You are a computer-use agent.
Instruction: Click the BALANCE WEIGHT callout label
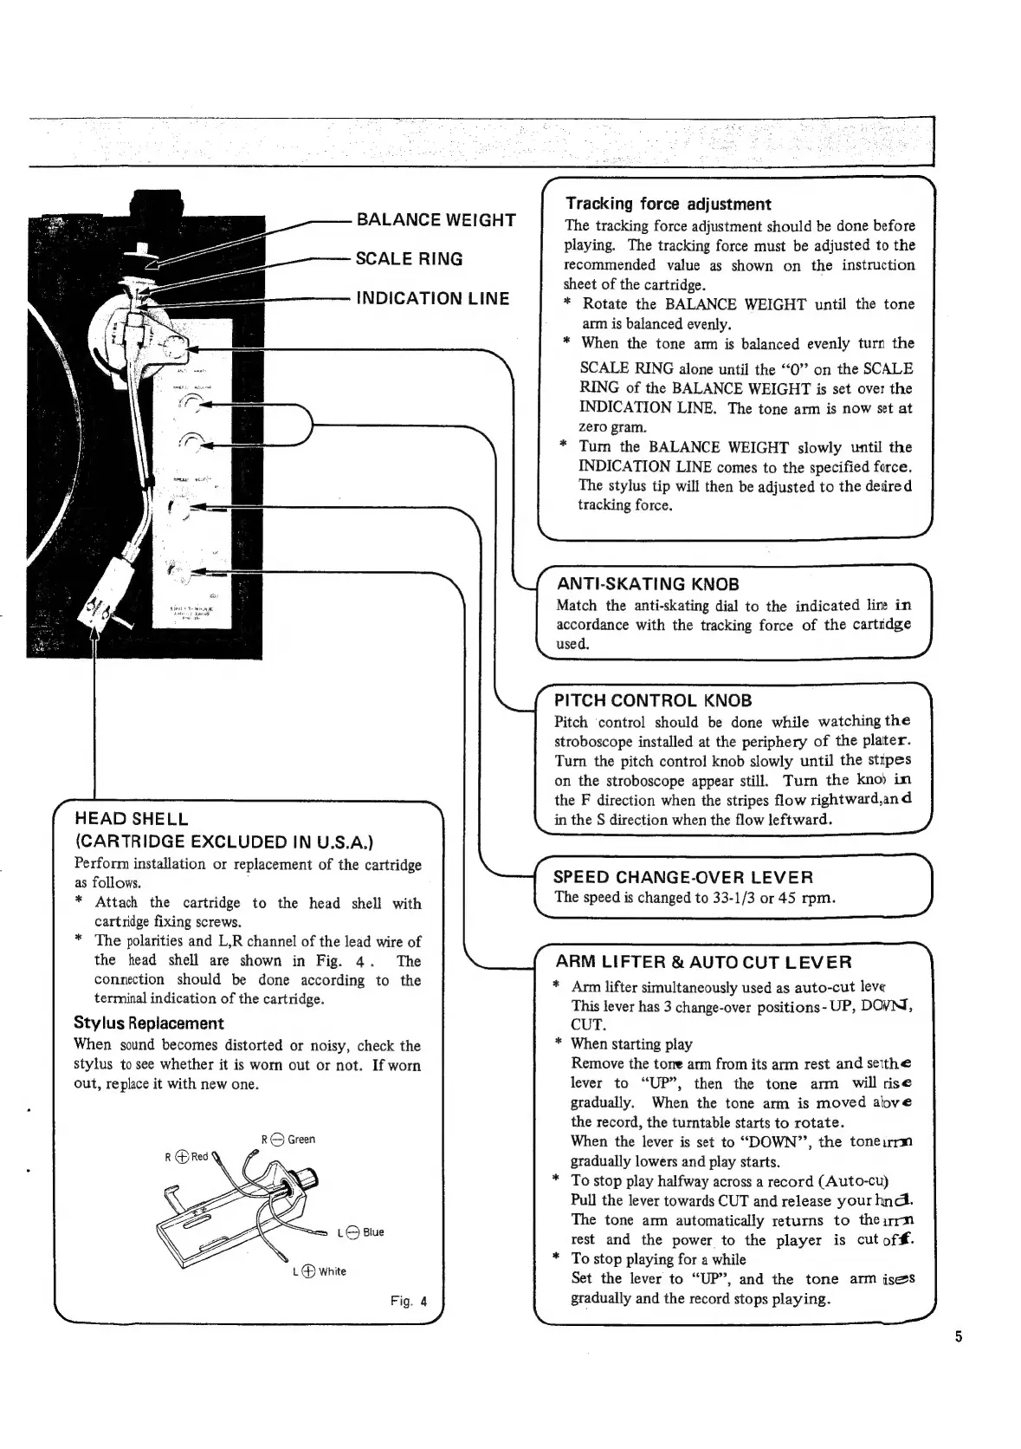[436, 219]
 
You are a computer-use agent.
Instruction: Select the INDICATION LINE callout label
[433, 299]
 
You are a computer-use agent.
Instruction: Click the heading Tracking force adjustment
[667, 205]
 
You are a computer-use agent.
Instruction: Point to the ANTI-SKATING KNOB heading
[648, 584]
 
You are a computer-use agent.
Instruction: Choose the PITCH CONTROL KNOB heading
[653, 700]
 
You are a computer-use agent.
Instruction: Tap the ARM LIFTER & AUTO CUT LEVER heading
[703, 962]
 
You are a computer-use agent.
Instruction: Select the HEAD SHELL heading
[132, 818]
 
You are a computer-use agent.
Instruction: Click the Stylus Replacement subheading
[148, 1023]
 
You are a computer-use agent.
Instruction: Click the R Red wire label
[186, 1156]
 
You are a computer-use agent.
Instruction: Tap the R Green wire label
[288, 1139]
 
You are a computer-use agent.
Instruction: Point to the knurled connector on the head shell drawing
[306, 1180]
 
